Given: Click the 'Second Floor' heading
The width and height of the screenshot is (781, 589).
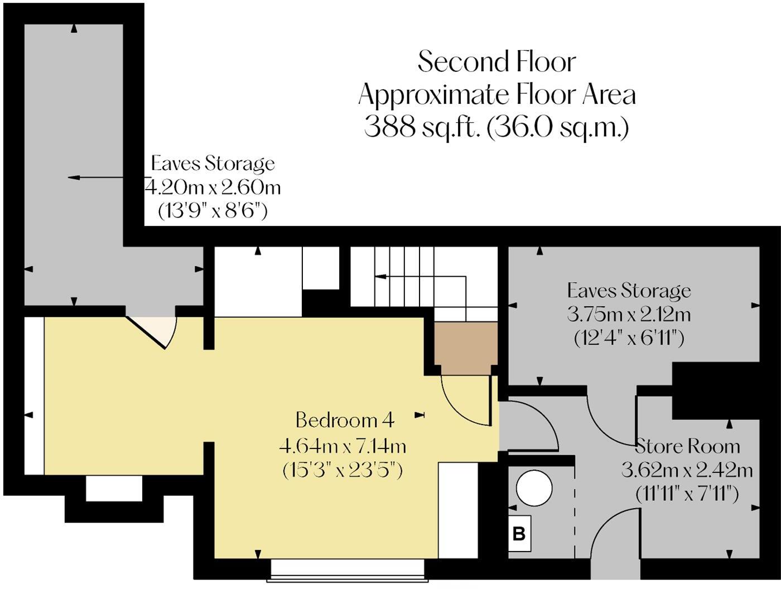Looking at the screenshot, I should [496, 61].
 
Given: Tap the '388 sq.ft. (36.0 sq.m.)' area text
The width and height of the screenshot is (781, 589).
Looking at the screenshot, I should [496, 127].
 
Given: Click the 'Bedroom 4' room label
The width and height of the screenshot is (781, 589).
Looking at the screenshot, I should [345, 419].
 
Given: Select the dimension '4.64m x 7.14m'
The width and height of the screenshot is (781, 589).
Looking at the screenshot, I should [343, 446].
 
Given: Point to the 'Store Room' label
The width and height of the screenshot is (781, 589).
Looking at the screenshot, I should [688, 446].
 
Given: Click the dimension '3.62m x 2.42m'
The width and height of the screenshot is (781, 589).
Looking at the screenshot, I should [687, 470].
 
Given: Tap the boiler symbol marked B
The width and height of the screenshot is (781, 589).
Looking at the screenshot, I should [519, 534].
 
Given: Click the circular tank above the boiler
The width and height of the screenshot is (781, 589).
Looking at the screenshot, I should [534, 489].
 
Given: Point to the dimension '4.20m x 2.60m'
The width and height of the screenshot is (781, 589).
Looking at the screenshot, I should [213, 187].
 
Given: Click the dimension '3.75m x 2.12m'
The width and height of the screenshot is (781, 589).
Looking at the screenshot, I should [629, 315].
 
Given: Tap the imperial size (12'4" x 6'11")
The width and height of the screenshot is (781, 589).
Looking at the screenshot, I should [629, 338].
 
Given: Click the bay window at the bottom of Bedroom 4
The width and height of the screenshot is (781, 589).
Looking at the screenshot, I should [347, 569].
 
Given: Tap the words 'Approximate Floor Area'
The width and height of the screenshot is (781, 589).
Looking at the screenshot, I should [496, 94].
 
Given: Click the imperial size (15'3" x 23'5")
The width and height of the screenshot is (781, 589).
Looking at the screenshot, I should [343, 470].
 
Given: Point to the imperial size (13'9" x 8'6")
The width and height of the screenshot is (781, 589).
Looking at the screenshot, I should [213, 211].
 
